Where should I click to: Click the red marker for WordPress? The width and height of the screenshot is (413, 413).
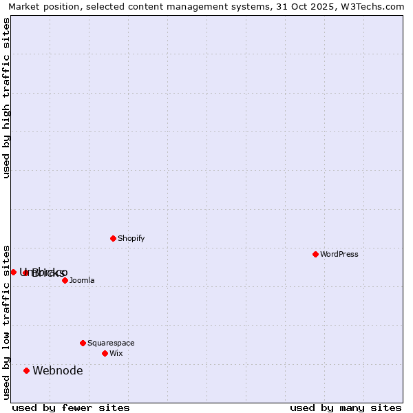[315, 254]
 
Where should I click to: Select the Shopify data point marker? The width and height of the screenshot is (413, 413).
[113, 238]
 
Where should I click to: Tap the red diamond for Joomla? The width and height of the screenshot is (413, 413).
[65, 280]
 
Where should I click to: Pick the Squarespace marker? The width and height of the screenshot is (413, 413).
[83, 343]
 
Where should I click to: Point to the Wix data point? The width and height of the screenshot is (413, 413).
[105, 353]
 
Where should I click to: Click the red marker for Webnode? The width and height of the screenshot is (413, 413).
[26, 370]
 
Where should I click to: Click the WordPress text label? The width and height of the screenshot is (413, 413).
[339, 254]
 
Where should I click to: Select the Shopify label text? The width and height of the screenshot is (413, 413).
[131, 238]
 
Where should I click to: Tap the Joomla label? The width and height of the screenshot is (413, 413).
[82, 280]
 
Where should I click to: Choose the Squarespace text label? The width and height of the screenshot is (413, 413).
[111, 343]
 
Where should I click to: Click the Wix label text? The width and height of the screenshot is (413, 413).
[116, 353]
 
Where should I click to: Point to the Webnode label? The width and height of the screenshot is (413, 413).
[58, 370]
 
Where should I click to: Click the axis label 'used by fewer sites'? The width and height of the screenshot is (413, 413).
[71, 407]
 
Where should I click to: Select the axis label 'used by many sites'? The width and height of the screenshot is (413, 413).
[346, 407]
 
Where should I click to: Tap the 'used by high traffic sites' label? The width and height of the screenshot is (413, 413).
[6, 98]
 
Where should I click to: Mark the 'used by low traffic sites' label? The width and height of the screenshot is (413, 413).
[6, 321]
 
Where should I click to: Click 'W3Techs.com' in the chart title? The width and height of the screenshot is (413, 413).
[374, 6]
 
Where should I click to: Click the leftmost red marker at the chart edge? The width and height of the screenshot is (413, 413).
[13, 272]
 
